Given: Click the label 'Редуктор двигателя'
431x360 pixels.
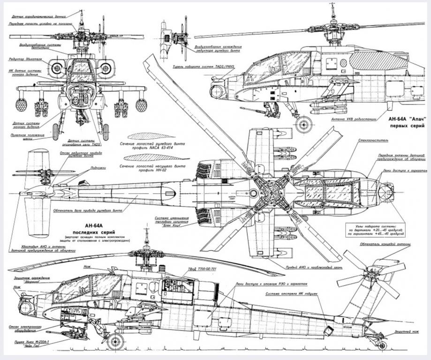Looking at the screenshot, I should point(25,60).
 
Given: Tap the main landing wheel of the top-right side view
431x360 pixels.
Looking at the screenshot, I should point(304,124).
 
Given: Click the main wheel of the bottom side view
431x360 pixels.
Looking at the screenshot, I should point(115,341).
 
